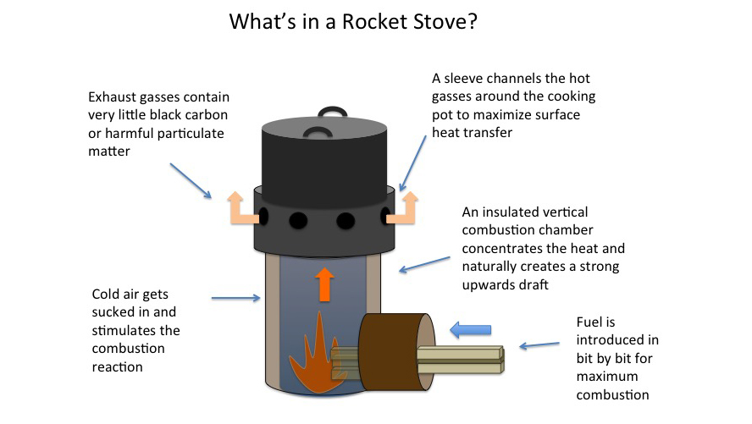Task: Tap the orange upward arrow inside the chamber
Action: tap(324, 284)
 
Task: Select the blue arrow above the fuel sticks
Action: tap(471, 329)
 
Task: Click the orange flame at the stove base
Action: tap(314, 355)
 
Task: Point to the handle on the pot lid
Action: tap(332, 113)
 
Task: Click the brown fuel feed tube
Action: tap(397, 351)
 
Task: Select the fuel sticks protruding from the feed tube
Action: tap(460, 360)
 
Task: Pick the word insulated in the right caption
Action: tap(516, 212)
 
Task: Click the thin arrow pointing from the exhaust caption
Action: tap(191, 180)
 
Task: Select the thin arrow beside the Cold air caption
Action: tap(236, 298)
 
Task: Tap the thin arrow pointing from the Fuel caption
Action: tap(539, 345)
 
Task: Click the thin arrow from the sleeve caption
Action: tap(412, 163)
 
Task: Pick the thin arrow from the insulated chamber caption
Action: tap(424, 265)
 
